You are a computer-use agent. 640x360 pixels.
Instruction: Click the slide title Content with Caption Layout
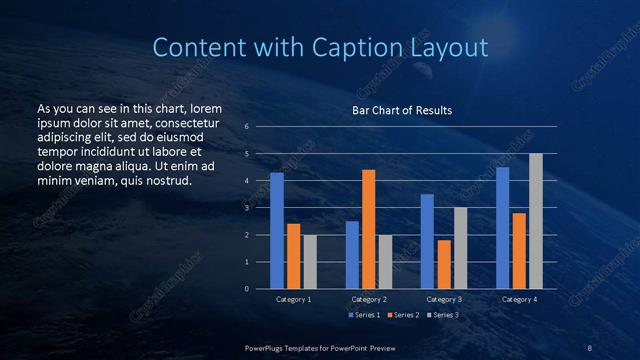click(x=320, y=47)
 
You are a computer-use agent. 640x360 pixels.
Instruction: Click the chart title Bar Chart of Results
click(x=402, y=110)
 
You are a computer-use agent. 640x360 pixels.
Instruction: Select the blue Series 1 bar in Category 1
click(x=277, y=231)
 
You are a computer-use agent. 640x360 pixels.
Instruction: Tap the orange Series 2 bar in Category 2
click(x=368, y=229)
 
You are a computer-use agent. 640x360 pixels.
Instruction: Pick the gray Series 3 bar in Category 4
click(x=535, y=221)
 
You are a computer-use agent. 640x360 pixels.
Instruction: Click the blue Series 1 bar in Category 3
click(x=427, y=241)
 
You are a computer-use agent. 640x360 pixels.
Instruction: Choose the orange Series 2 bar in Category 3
click(x=443, y=264)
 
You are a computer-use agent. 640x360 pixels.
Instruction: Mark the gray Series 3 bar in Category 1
click(x=310, y=262)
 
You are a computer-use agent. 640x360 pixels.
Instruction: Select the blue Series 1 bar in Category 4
click(x=502, y=228)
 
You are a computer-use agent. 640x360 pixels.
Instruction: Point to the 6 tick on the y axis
click(x=246, y=127)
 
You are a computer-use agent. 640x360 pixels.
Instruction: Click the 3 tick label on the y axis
click(x=246, y=208)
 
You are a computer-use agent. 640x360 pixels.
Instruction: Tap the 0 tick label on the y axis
click(x=246, y=289)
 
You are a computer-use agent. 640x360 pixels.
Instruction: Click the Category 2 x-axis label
click(x=369, y=299)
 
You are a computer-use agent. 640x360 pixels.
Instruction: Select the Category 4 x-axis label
click(x=519, y=299)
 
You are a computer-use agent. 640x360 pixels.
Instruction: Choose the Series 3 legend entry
click(x=445, y=315)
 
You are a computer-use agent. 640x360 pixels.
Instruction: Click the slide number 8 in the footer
click(x=589, y=347)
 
